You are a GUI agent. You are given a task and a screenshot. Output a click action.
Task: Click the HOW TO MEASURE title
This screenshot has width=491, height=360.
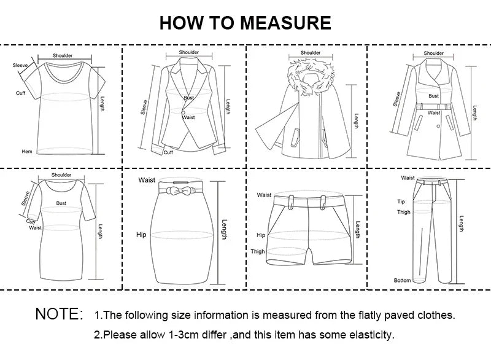tap(245, 23)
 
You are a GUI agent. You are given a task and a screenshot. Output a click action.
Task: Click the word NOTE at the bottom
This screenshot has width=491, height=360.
tap(59, 314)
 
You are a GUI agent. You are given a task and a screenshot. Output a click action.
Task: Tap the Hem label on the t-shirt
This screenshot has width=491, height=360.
tap(27, 151)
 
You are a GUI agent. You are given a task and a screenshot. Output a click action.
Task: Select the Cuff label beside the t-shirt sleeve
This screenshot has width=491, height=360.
tap(20, 93)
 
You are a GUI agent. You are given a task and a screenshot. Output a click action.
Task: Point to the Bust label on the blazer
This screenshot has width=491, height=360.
tap(189, 98)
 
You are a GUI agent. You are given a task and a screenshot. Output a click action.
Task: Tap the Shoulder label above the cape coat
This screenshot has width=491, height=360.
tap(311, 53)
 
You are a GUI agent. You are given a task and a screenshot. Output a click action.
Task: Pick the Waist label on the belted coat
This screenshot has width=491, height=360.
tap(434, 112)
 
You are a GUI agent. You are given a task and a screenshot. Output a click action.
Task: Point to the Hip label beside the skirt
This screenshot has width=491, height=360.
tap(141, 235)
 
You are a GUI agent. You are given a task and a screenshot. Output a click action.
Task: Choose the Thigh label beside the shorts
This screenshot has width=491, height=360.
tap(258, 251)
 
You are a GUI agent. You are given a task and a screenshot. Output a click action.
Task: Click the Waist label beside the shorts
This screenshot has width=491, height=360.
tap(264, 195)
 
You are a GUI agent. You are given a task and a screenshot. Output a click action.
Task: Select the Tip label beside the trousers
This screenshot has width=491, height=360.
tap(401, 201)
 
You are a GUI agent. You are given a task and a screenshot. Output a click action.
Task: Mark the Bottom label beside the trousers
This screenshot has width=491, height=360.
tap(402, 280)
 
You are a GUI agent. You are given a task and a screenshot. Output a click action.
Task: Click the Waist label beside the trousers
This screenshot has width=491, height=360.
tap(408, 178)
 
